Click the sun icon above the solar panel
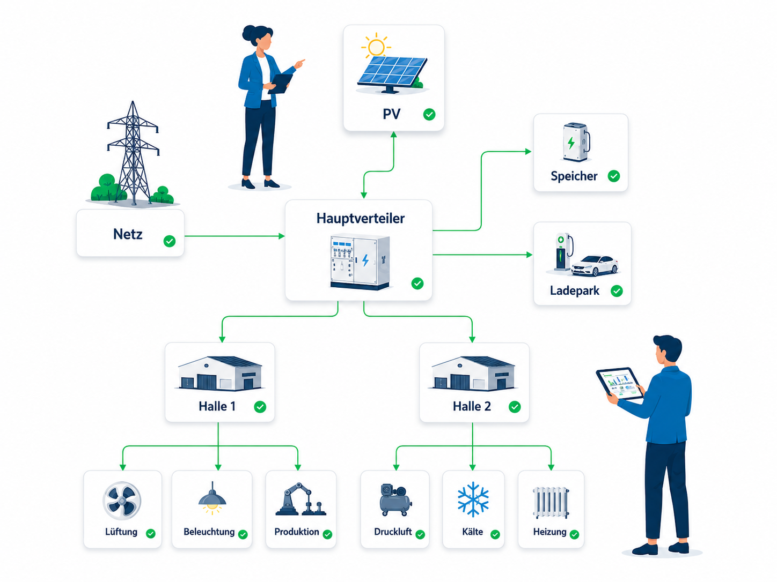(x=376, y=47)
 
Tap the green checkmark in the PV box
(x=429, y=115)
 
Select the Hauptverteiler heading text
(x=361, y=218)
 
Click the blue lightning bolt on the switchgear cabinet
(x=365, y=260)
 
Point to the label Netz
(x=128, y=234)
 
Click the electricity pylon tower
(x=133, y=153)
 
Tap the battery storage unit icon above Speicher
(x=576, y=142)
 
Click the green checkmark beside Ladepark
(x=617, y=291)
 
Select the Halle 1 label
(x=217, y=406)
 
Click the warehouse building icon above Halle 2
(x=473, y=373)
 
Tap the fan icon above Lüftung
(x=122, y=501)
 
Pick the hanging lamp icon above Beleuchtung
(x=212, y=498)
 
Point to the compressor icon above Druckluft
(x=395, y=499)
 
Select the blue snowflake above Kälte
(x=473, y=499)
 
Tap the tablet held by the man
(x=619, y=383)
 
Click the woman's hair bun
(x=248, y=33)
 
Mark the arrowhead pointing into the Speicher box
(x=528, y=152)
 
